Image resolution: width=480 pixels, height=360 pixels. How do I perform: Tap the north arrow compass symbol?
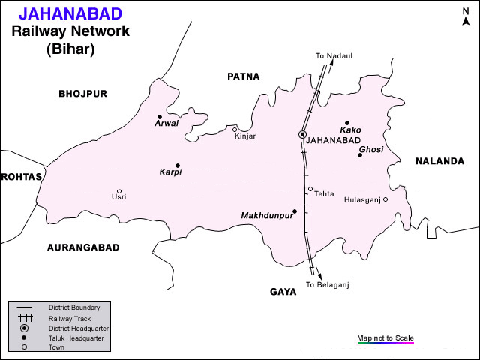click(x=465, y=16)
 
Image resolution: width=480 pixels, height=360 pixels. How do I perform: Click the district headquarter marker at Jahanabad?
click(x=302, y=135)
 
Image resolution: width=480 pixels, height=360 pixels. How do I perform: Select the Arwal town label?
click(x=166, y=124)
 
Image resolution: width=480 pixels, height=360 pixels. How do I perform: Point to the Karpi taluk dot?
click(x=178, y=166)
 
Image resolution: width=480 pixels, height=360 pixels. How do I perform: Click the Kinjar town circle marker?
click(x=235, y=130)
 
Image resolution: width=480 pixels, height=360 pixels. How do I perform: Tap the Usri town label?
click(x=118, y=197)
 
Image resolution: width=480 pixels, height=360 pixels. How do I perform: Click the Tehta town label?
click(x=324, y=193)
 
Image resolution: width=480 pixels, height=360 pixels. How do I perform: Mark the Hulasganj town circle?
click(x=385, y=199)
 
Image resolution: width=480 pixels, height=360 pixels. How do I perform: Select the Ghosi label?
click(x=370, y=150)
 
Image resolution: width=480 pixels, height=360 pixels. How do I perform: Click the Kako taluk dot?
click(x=346, y=123)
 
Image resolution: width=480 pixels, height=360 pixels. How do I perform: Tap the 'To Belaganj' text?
click(x=328, y=285)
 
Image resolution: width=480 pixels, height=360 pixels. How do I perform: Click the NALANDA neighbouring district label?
click(x=439, y=161)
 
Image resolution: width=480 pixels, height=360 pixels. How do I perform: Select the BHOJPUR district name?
click(x=83, y=94)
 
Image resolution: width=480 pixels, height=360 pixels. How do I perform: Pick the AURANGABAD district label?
click(x=83, y=247)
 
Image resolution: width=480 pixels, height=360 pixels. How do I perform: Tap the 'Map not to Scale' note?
click(x=385, y=337)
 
